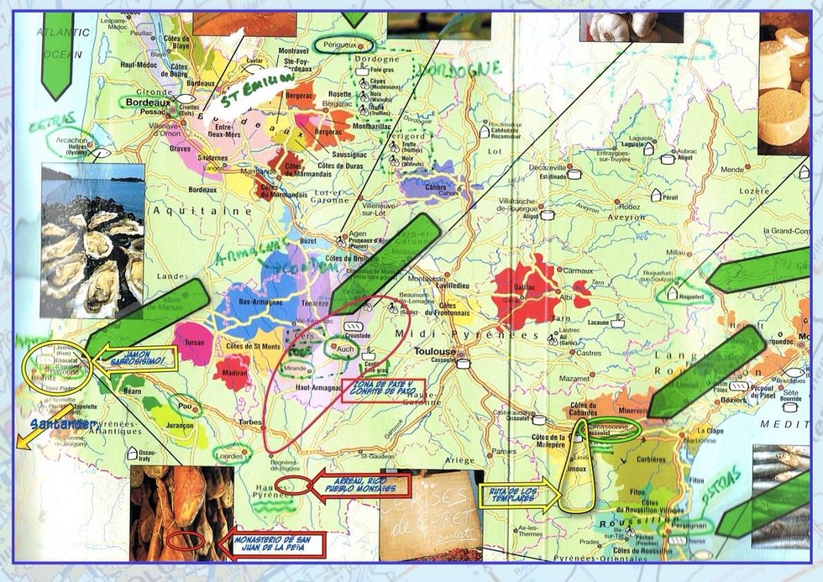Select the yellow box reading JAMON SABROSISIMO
click(x=139, y=359)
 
